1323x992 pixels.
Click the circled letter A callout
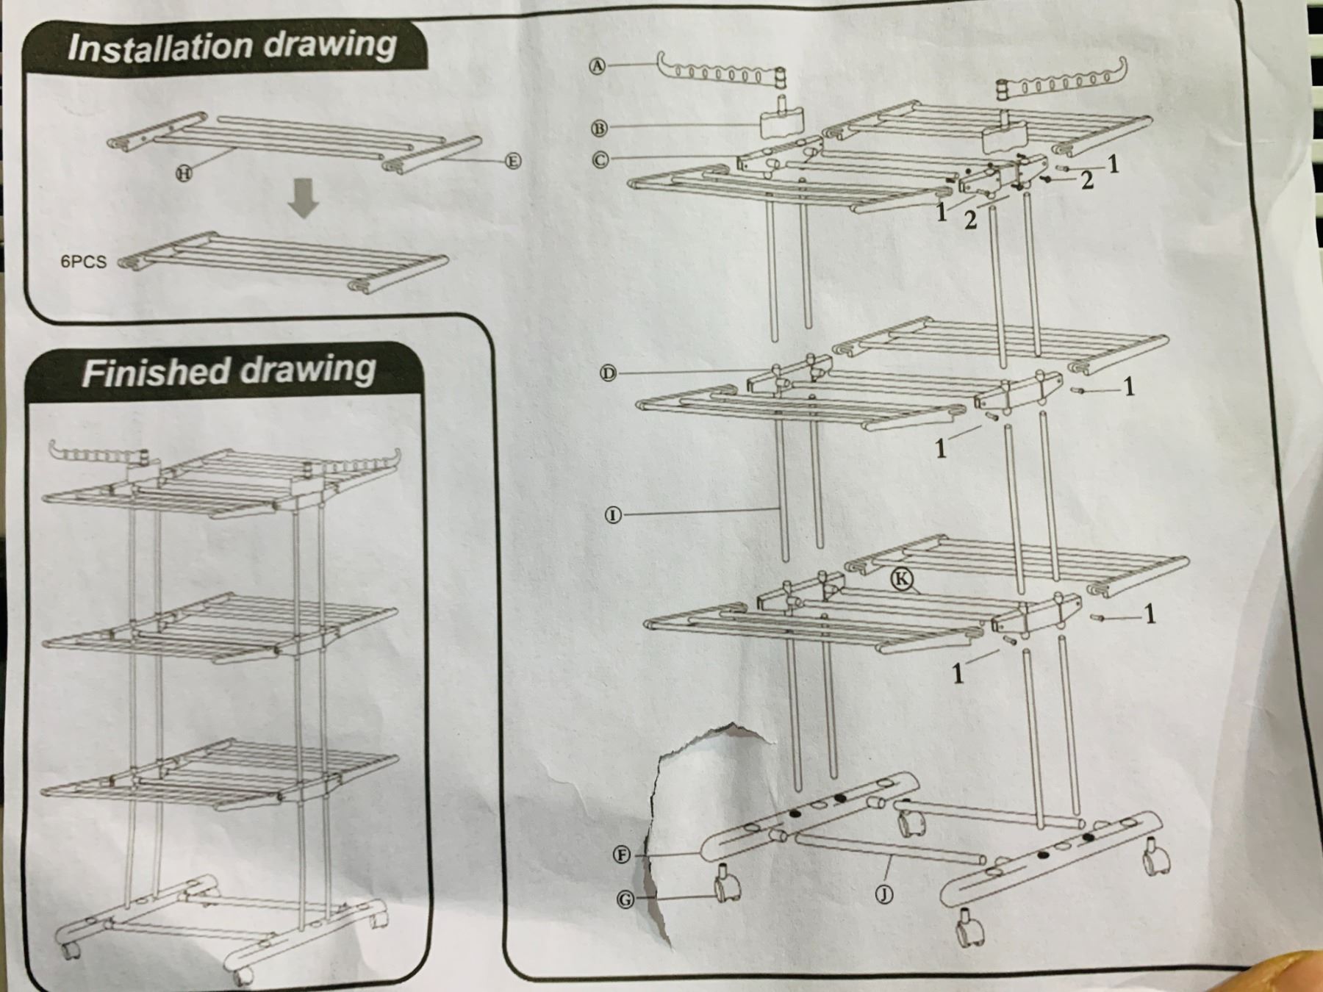pyautogui.click(x=598, y=66)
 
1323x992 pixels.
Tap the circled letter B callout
pyautogui.click(x=599, y=128)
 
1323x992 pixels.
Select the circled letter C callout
pyautogui.click(x=600, y=159)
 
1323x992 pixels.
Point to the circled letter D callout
pyautogui.click(x=609, y=373)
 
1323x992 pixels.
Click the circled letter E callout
pyautogui.click(x=513, y=161)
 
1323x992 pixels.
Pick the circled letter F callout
pyautogui.click(x=623, y=855)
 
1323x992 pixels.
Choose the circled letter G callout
pyautogui.click(x=625, y=899)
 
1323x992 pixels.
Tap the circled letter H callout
pyautogui.click(x=183, y=173)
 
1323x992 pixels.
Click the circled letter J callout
pyautogui.click(x=885, y=894)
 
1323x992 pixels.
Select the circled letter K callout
pyautogui.click(x=903, y=579)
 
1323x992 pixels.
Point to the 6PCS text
pyautogui.click(x=83, y=262)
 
